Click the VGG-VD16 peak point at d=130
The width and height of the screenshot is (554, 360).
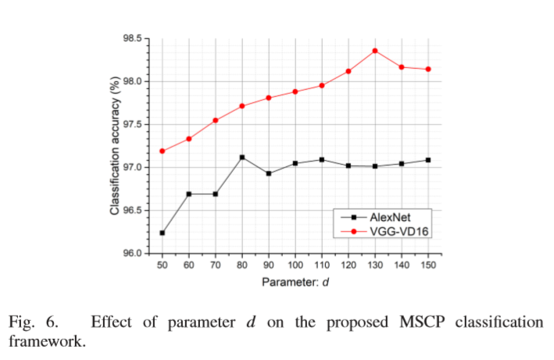[x=375, y=51]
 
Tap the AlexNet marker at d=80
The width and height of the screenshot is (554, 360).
[x=242, y=157]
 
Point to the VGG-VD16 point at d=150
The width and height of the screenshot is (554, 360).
[x=428, y=70]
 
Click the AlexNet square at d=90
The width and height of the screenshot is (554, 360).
[x=269, y=173]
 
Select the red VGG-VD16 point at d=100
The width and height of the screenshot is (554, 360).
[x=295, y=91]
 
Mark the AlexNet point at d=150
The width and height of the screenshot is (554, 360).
[x=428, y=160]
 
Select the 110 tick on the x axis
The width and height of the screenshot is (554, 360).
[x=322, y=266]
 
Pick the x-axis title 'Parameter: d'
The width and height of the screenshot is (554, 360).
[x=295, y=283]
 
